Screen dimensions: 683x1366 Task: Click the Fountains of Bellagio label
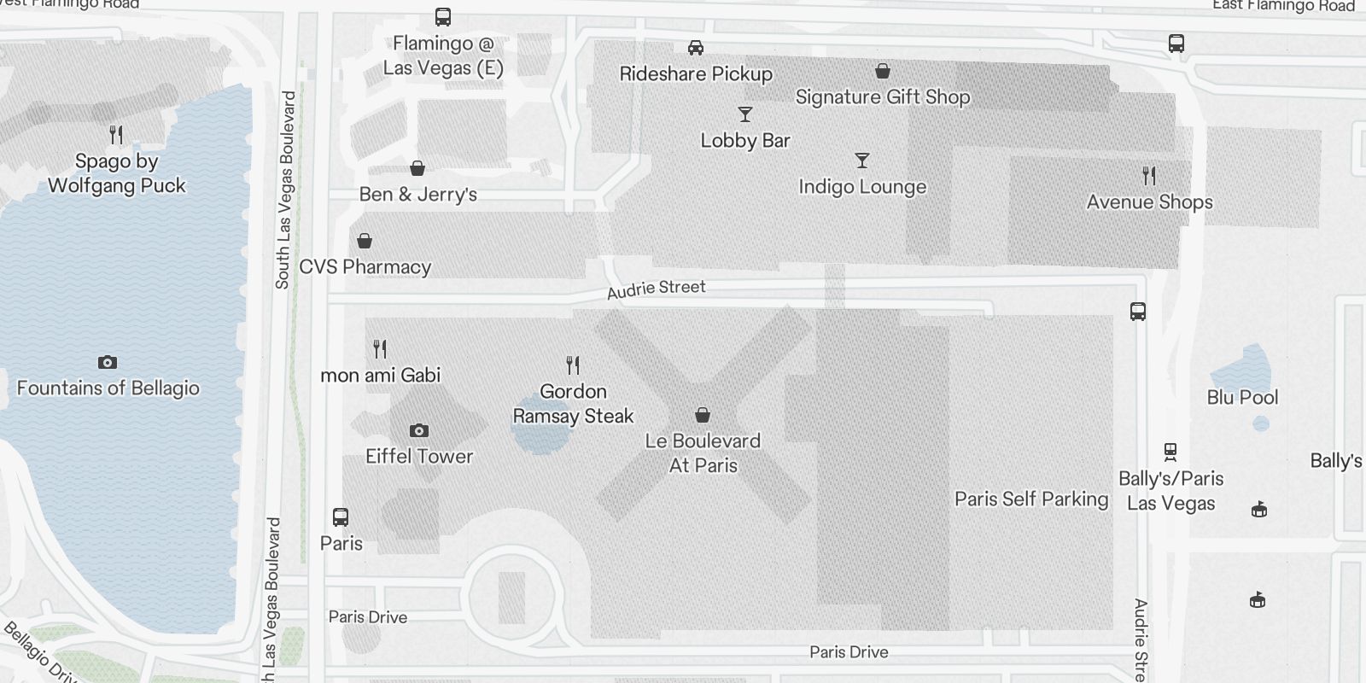(x=108, y=388)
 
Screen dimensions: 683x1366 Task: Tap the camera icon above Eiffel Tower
(x=418, y=430)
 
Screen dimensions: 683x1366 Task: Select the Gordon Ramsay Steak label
(x=573, y=404)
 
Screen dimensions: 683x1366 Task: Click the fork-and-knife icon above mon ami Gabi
(x=380, y=348)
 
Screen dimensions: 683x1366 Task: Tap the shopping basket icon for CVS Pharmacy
(x=365, y=241)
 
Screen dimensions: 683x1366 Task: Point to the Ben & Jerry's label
(x=417, y=195)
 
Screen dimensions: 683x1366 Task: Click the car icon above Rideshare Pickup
(x=696, y=48)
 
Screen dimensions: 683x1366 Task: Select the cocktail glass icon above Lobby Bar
(x=745, y=114)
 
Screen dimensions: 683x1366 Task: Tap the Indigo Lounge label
(x=862, y=187)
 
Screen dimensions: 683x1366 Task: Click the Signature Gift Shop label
(x=883, y=97)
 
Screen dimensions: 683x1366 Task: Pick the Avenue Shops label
(x=1149, y=202)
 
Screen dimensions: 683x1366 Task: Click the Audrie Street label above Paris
(x=656, y=289)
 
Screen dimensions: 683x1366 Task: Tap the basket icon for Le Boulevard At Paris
(x=702, y=415)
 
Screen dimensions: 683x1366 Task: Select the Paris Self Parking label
(x=1031, y=499)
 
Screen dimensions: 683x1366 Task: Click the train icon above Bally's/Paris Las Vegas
(x=1170, y=452)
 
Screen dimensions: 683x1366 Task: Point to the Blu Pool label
(x=1242, y=398)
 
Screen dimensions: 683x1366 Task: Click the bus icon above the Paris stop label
(x=340, y=517)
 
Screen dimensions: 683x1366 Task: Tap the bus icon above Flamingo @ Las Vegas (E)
(x=443, y=17)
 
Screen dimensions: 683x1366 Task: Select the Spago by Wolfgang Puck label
(x=116, y=173)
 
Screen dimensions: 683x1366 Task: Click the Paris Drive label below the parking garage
(x=849, y=652)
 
